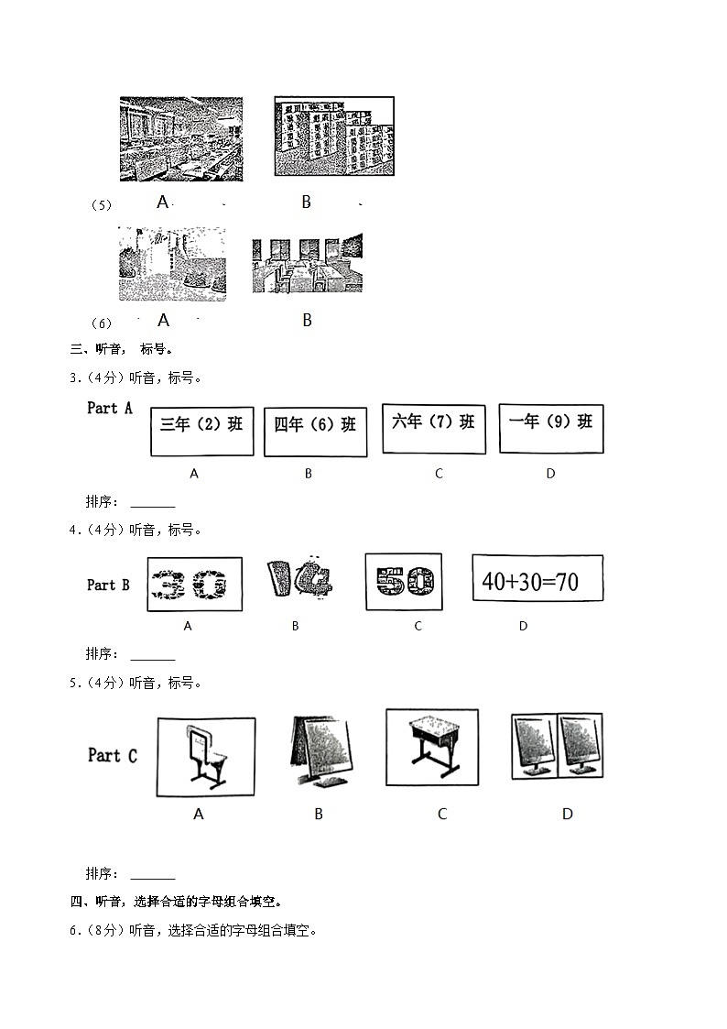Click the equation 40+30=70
tap(537, 580)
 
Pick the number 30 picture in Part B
tap(194, 584)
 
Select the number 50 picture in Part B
tap(403, 581)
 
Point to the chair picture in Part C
tap(205, 756)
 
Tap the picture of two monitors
tap(556, 745)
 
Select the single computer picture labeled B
tap(319, 751)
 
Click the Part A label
tap(110, 408)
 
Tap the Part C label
tap(112, 755)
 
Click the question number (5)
tap(101, 205)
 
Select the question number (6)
tap(101, 323)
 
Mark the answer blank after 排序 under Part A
tap(153, 503)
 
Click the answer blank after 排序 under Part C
tap(153, 875)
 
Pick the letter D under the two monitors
tap(567, 814)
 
